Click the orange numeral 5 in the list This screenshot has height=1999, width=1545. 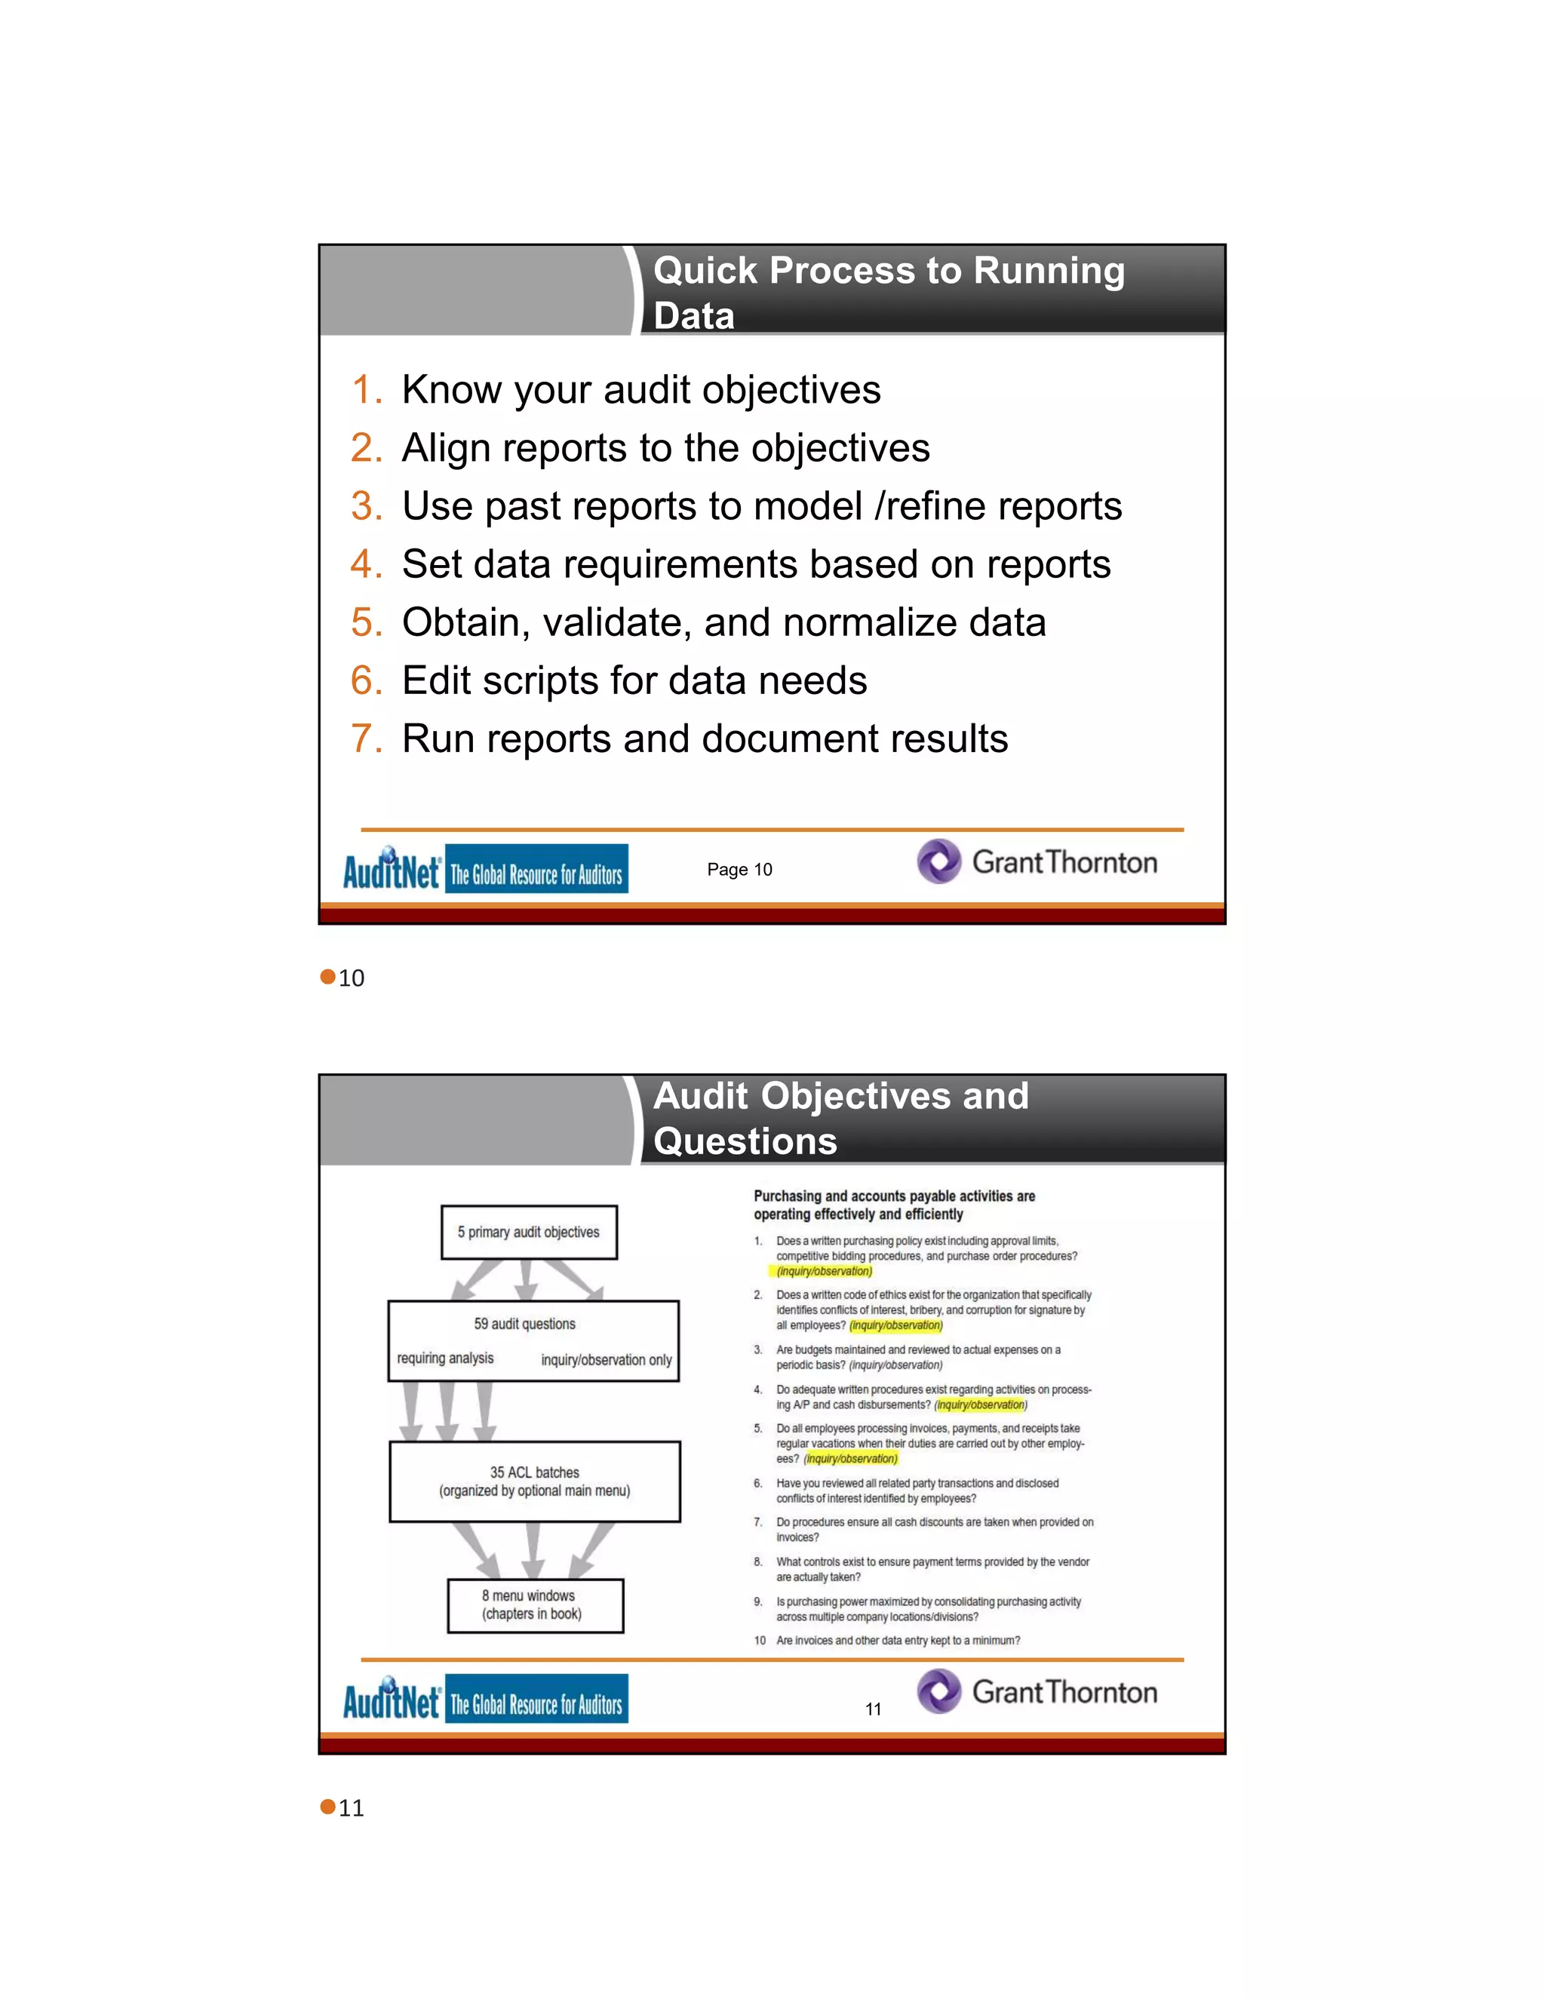tap(365, 623)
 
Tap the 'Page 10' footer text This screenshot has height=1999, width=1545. tap(739, 870)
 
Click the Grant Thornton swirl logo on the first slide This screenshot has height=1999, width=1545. tap(939, 861)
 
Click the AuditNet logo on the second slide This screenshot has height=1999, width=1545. tap(392, 1700)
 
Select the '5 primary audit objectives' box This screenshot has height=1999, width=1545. tap(528, 1232)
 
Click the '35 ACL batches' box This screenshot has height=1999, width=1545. tap(535, 1482)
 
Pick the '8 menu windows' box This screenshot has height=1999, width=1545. tap(535, 1605)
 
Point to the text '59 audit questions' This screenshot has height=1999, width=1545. tap(524, 1325)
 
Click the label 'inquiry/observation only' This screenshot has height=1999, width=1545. tap(606, 1360)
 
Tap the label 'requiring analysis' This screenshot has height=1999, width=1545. tap(445, 1359)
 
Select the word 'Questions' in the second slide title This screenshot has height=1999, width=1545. tap(745, 1141)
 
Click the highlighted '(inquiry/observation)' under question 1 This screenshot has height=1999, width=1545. tap(824, 1271)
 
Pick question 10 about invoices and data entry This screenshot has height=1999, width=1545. tap(897, 1640)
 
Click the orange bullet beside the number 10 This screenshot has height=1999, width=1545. tap(327, 978)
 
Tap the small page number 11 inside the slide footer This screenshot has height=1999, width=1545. tap(873, 1709)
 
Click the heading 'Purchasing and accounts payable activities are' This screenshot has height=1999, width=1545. tap(893, 1196)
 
